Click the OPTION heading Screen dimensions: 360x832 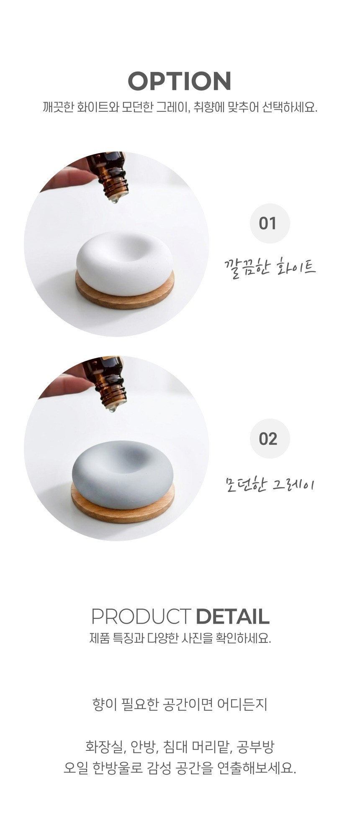tap(180, 81)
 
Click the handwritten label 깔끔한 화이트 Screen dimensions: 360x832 tap(270, 266)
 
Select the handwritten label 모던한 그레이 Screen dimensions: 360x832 tap(270, 485)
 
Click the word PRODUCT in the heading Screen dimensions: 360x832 tap(141, 616)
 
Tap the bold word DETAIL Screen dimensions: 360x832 tap(232, 616)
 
